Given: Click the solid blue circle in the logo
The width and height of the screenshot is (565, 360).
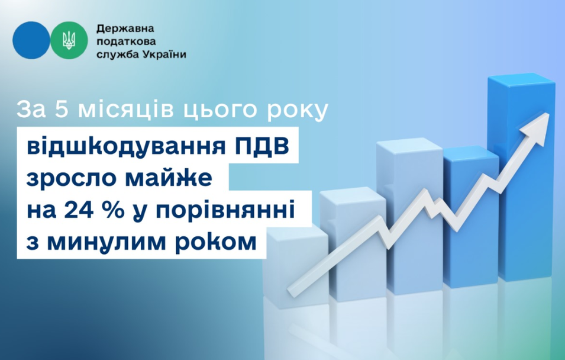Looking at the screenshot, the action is pyautogui.click(x=31, y=40).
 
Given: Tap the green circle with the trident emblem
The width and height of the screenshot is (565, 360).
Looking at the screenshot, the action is pyautogui.click(x=69, y=40).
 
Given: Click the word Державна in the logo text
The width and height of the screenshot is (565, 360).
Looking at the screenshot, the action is pyautogui.click(x=125, y=28).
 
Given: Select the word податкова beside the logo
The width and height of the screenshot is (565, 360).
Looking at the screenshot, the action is pyautogui.click(x=126, y=41).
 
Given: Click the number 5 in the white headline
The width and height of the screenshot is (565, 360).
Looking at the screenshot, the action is pyautogui.click(x=62, y=110).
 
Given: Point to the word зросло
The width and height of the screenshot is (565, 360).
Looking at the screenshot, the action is pyautogui.click(x=71, y=179).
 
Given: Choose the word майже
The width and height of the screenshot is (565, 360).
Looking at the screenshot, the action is pyautogui.click(x=169, y=179).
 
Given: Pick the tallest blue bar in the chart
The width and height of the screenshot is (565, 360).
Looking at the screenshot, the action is pyautogui.click(x=521, y=178).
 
